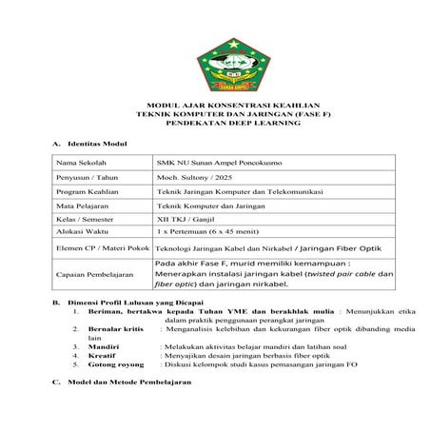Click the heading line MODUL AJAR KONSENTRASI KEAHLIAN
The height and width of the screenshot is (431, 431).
tap(216, 107)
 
